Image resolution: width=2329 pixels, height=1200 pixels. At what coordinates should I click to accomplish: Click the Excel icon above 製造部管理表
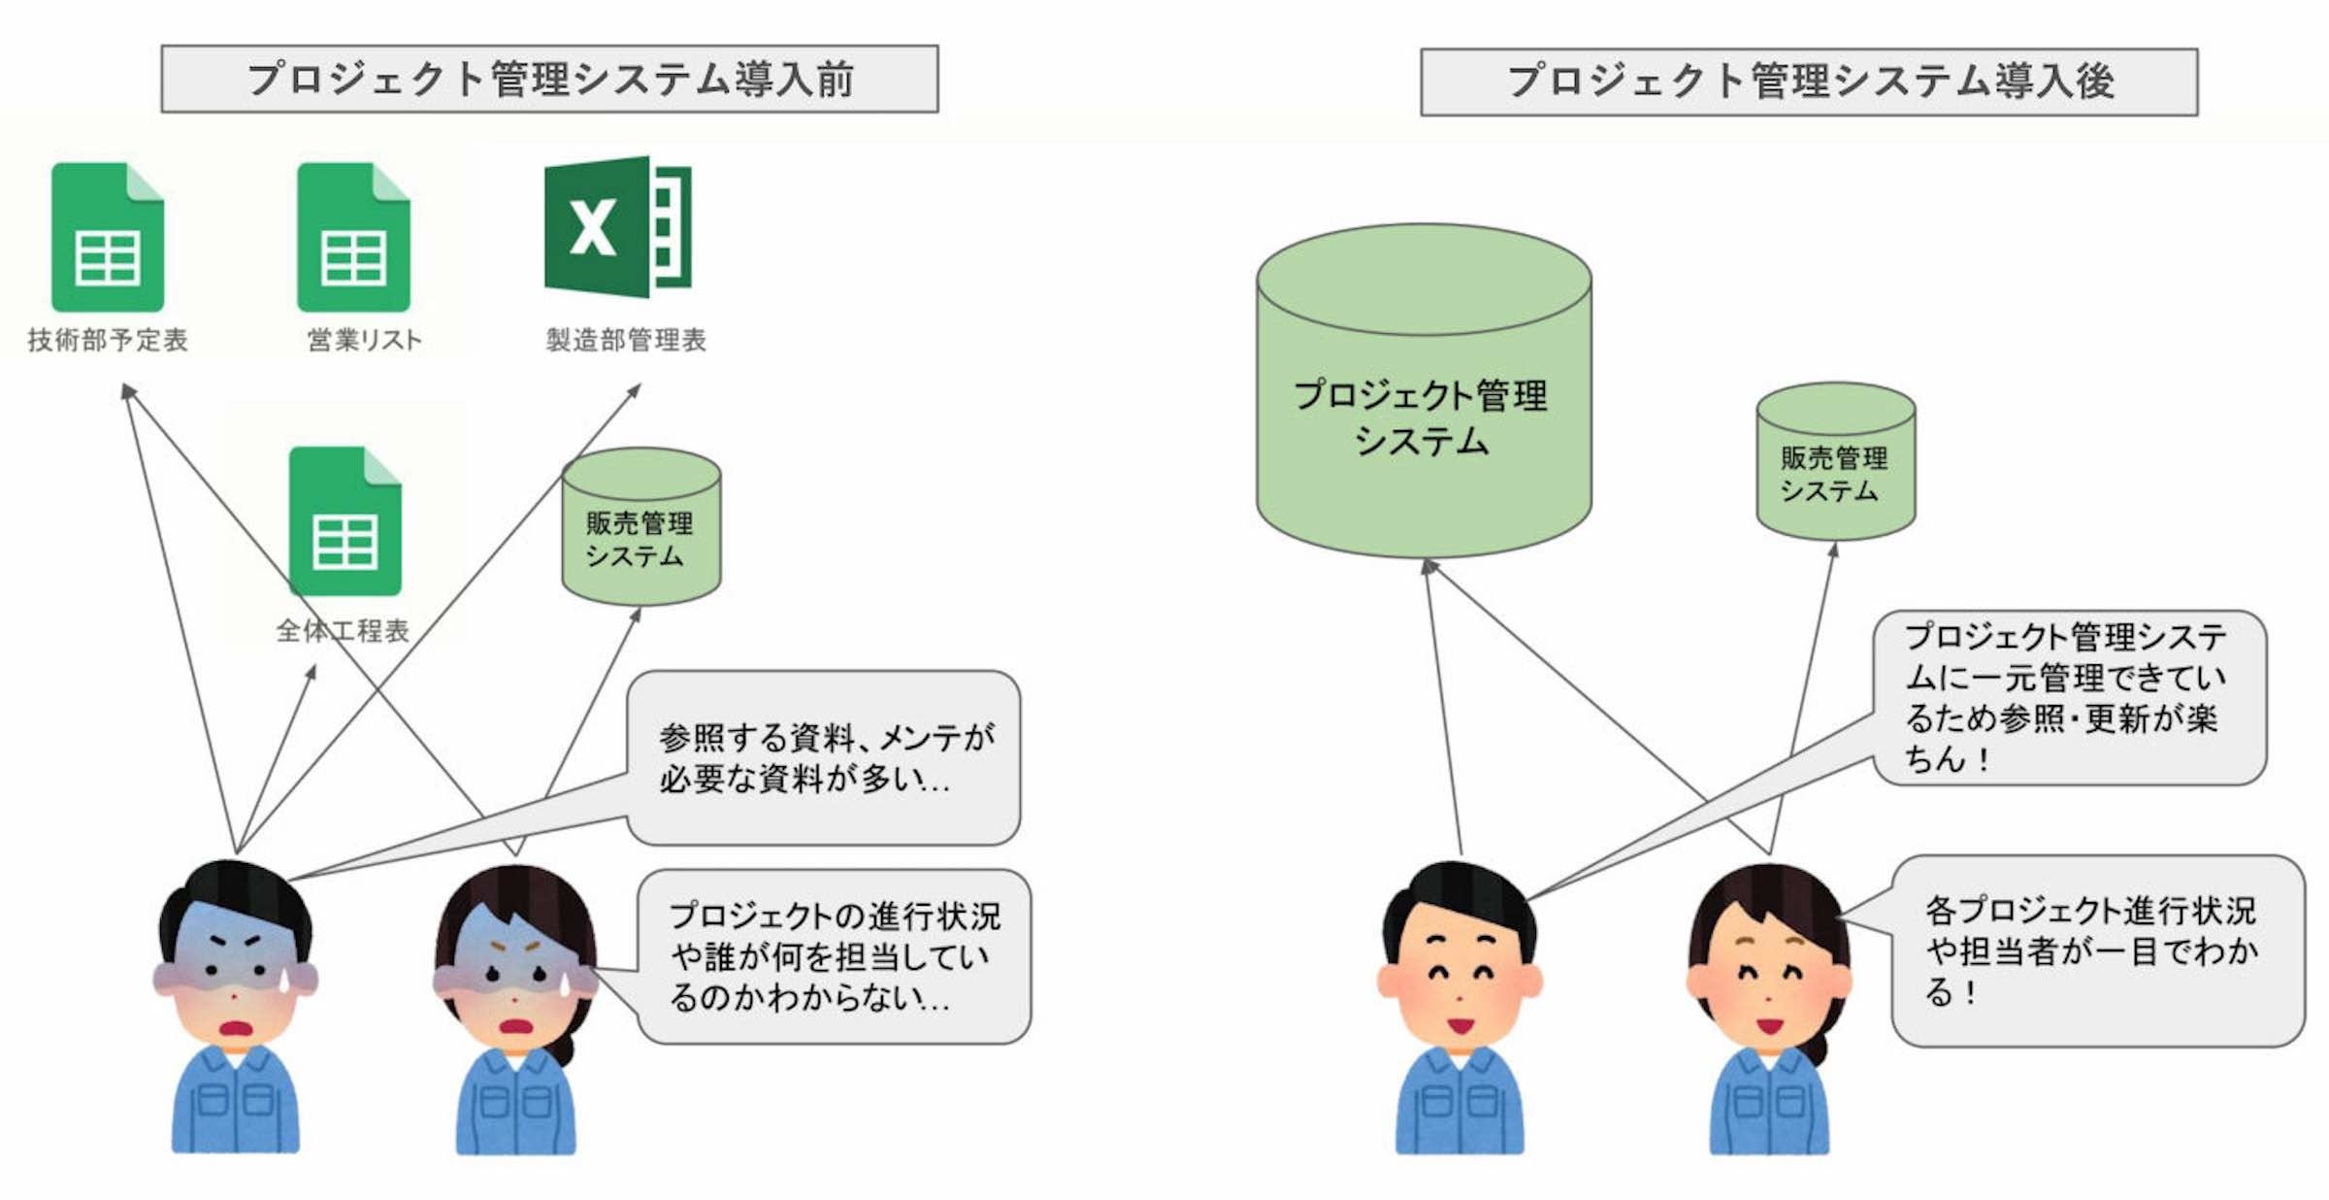point(618,226)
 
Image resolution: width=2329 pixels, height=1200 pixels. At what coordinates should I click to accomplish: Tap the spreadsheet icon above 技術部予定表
point(108,238)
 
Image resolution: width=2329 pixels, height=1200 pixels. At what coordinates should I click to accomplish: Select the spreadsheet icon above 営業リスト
point(353,238)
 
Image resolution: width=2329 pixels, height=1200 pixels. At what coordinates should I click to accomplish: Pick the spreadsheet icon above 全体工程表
point(345,521)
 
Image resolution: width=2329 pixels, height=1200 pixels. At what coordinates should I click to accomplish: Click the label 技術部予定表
point(108,340)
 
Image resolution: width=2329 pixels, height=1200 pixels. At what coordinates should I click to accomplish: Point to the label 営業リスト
point(365,340)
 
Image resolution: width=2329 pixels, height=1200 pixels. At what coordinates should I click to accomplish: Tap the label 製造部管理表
point(626,340)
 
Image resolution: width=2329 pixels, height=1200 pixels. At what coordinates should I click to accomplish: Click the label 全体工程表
point(344,631)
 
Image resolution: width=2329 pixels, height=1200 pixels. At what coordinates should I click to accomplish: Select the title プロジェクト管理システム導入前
point(549,79)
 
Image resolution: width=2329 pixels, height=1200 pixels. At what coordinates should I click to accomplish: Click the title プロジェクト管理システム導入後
point(1809,82)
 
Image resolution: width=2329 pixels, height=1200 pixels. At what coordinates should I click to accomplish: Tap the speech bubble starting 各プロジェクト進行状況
point(2096,950)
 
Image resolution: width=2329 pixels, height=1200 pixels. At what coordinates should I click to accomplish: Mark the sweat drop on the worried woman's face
point(565,983)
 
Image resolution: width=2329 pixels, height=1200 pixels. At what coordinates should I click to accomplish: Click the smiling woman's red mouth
point(1770,1025)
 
